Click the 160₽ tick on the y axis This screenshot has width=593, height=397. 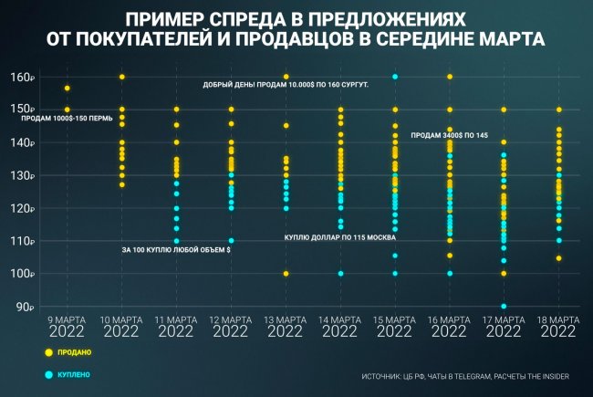[23, 77]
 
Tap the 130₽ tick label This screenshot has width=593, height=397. [23, 175]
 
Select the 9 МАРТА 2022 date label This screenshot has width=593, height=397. [67, 326]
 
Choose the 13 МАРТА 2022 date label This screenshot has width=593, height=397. [286, 326]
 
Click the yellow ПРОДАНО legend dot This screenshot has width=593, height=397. [47, 350]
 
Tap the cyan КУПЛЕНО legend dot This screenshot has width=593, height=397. [47, 374]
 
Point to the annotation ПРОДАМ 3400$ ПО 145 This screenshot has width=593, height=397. [450, 135]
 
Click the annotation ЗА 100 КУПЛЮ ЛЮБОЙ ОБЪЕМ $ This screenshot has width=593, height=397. [177, 249]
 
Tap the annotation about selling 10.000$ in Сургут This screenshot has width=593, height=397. [286, 84]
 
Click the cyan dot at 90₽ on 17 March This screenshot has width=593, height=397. [504, 307]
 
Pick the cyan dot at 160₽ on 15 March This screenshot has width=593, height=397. [395, 77]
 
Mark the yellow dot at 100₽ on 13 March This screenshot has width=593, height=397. [286, 274]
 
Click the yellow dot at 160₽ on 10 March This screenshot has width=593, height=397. [121, 77]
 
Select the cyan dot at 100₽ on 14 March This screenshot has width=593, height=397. [340, 274]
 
